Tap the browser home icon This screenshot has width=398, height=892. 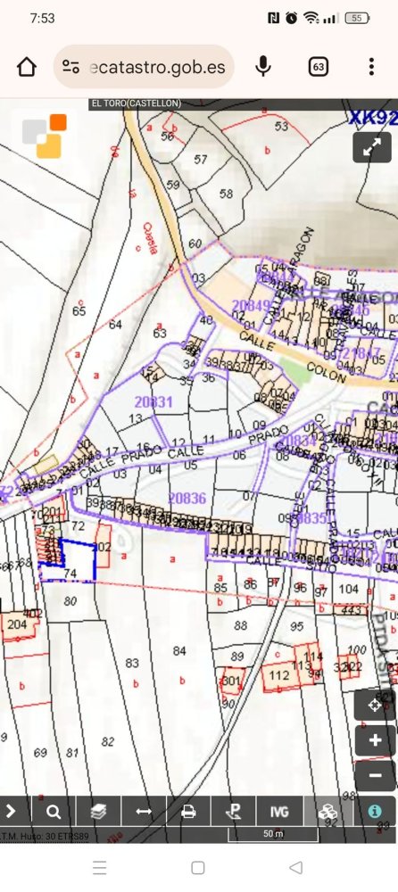pyautogui.click(x=27, y=67)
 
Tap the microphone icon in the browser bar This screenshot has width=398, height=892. pyautogui.click(x=263, y=67)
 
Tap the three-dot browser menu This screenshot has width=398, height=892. pyautogui.click(x=371, y=67)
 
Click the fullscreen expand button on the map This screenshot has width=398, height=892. pyautogui.click(x=372, y=147)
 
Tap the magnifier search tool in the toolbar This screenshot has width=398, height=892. pyautogui.click(x=54, y=812)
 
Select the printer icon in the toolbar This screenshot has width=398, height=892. pyautogui.click(x=188, y=812)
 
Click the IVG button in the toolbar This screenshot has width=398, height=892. pyautogui.click(x=279, y=812)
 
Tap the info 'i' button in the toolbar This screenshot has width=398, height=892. pyautogui.click(x=375, y=812)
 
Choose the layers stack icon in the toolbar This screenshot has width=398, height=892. pyautogui.click(x=98, y=812)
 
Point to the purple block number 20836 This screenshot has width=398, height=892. pyautogui.click(x=187, y=499)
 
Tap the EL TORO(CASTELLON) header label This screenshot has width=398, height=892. pyautogui.click(x=137, y=103)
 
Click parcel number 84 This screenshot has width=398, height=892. pyautogui.click(x=180, y=651)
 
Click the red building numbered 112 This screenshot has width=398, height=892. pyautogui.click(x=278, y=675)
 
